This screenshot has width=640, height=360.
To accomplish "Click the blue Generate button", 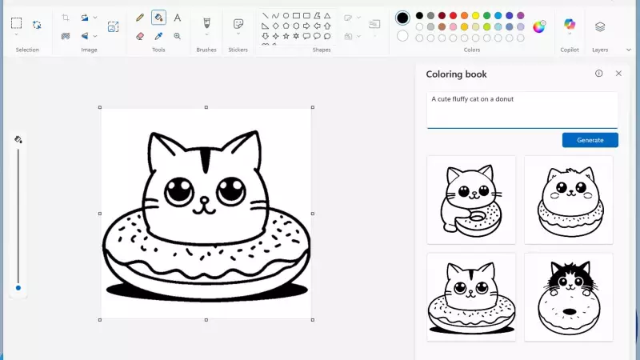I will pos(590,140).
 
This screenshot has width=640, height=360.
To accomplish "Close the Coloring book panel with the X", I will pos(618,74).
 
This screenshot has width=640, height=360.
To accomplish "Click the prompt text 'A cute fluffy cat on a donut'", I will pos(472,99).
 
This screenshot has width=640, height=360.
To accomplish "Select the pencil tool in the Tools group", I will pos(140,17).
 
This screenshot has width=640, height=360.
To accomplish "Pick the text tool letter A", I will pos(177,17).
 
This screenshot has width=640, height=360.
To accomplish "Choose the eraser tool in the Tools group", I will pos(140,36).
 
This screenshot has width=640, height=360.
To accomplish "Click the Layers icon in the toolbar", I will pos(600,26).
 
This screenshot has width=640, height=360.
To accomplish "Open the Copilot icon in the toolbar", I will pos(570,25).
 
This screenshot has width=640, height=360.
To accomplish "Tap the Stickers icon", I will pos(238,25).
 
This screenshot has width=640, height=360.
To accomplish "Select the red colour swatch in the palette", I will pos(453,15).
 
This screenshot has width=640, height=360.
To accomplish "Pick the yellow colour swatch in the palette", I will pos(475,15).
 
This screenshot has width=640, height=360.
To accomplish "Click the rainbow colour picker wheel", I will pos(539,26).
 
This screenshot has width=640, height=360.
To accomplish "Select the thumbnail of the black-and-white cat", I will pos(568,297).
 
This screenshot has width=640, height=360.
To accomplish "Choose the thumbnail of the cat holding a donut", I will pos(471,199).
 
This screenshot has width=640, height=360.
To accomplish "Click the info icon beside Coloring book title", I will pos(598,74).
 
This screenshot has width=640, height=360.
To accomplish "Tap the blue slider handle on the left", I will pos(18,287).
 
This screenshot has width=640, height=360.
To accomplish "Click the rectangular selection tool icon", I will pos(16,23).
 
